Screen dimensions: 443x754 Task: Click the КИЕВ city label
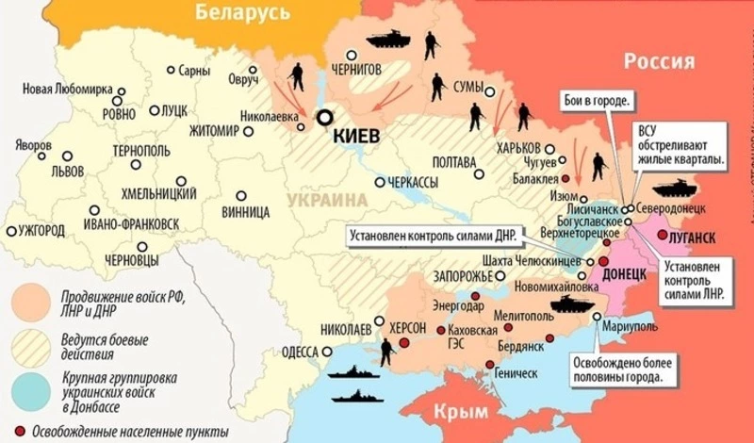click(357, 137)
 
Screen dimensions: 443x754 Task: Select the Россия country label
click(659, 62)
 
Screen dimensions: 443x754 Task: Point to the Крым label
click(462, 412)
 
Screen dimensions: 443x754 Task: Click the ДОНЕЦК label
click(624, 271)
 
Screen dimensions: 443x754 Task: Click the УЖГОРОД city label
click(40, 230)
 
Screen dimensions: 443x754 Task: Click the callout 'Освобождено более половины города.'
click(619, 370)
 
